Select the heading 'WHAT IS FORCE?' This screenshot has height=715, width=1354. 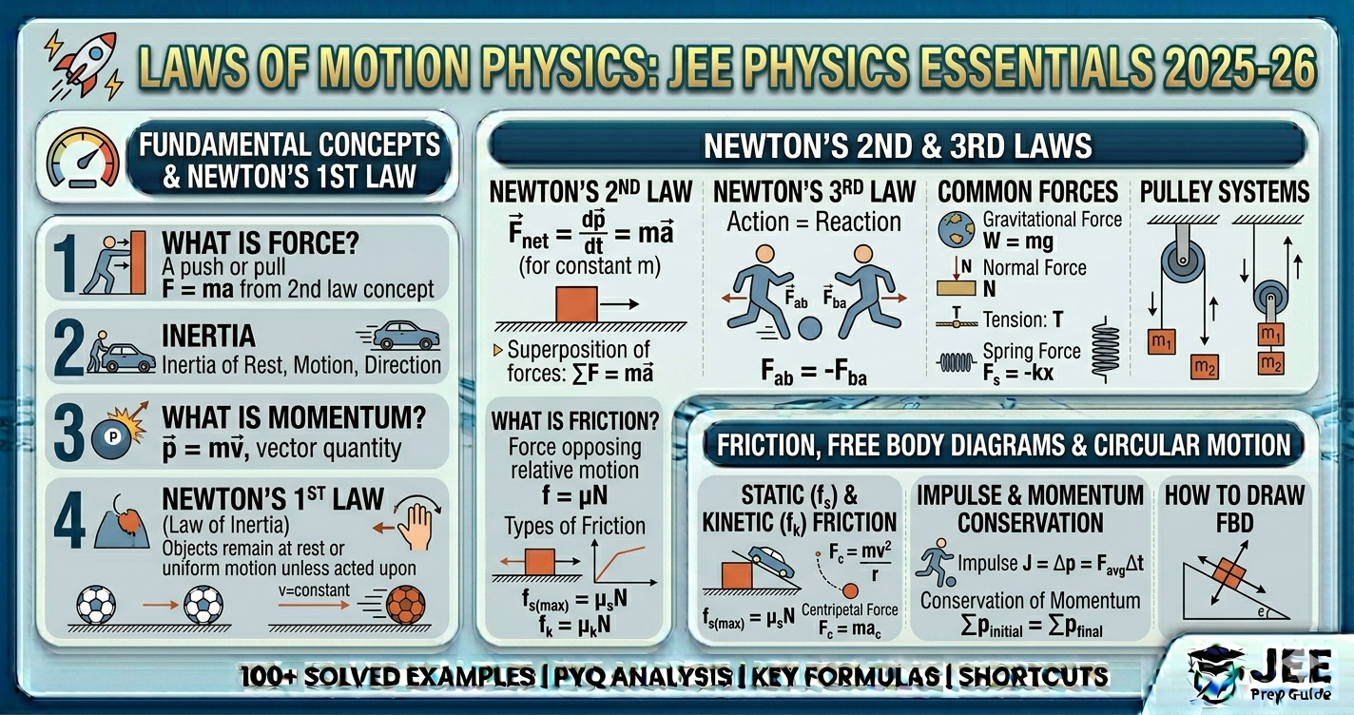tap(261, 242)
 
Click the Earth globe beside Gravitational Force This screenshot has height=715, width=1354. tap(956, 229)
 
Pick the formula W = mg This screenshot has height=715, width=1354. tap(1018, 242)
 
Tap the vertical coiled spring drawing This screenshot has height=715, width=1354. tap(1106, 350)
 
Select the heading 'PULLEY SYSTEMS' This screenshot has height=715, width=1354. tap(1225, 192)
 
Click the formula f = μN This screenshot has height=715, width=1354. tap(574, 494)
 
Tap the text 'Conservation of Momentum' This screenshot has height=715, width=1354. tap(1030, 601)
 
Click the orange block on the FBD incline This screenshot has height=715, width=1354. tap(1230, 574)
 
